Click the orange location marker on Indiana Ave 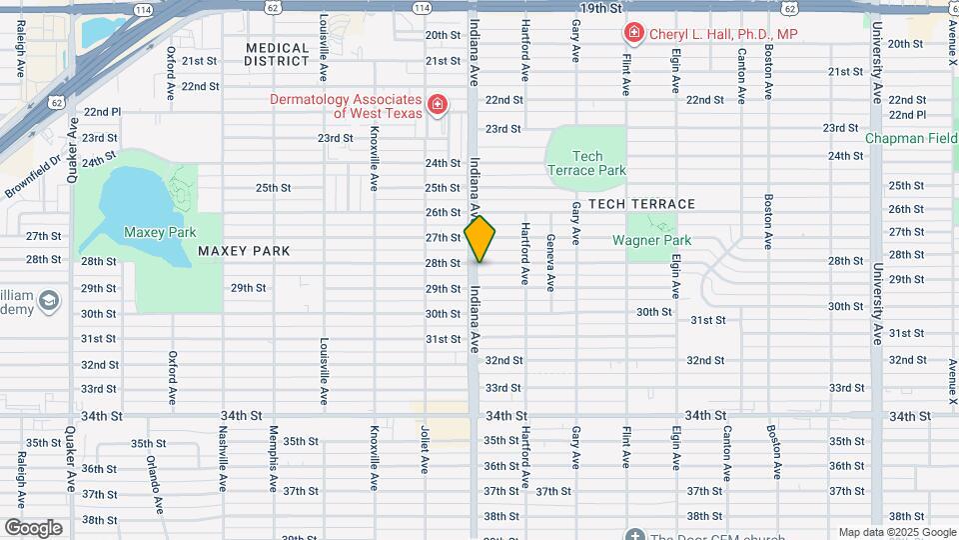pyautogui.click(x=479, y=238)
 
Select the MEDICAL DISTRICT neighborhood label pyautogui.click(x=277, y=54)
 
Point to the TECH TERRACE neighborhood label pyautogui.click(x=641, y=204)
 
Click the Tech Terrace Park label pyautogui.click(x=586, y=163)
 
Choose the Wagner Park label pyautogui.click(x=650, y=241)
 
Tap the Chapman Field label pyautogui.click(x=911, y=138)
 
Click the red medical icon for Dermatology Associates pyautogui.click(x=436, y=105)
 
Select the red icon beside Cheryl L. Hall pyautogui.click(x=633, y=34)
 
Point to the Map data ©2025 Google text pyautogui.click(x=896, y=532)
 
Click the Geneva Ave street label pyautogui.click(x=550, y=262)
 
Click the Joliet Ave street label pyautogui.click(x=425, y=448)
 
